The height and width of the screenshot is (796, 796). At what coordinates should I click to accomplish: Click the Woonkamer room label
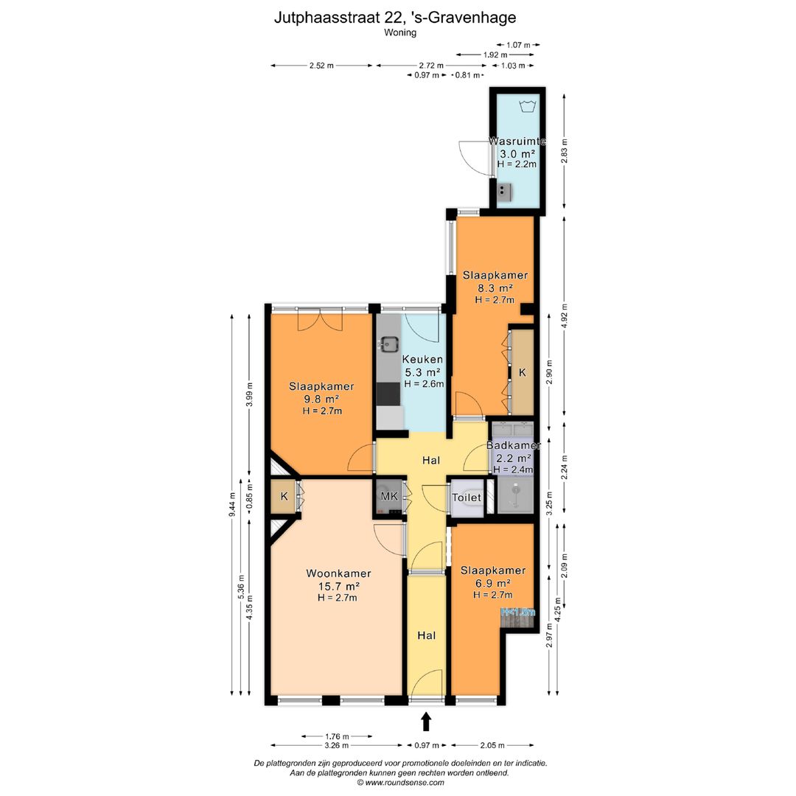coord(338,573)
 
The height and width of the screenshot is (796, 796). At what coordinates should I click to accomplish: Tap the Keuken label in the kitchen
coord(422,360)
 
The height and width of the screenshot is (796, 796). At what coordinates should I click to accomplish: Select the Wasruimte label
coord(517,142)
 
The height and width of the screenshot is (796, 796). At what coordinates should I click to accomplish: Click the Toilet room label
coord(466,497)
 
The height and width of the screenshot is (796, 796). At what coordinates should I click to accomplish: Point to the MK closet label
coord(389,497)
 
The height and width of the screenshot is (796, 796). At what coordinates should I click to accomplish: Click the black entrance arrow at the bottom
coord(425,721)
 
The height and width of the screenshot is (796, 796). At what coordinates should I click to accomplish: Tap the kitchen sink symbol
coord(388,343)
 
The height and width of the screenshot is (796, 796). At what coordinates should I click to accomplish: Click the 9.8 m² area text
coord(321,399)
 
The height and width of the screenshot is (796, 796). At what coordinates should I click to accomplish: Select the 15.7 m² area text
coord(338,586)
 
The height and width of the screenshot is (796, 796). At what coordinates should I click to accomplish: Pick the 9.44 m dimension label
coord(232,505)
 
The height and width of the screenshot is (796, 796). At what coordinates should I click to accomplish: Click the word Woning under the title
coord(399,32)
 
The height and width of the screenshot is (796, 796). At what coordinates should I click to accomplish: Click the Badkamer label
coord(514,446)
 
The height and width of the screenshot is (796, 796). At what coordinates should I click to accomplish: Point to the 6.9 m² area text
coord(492,583)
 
